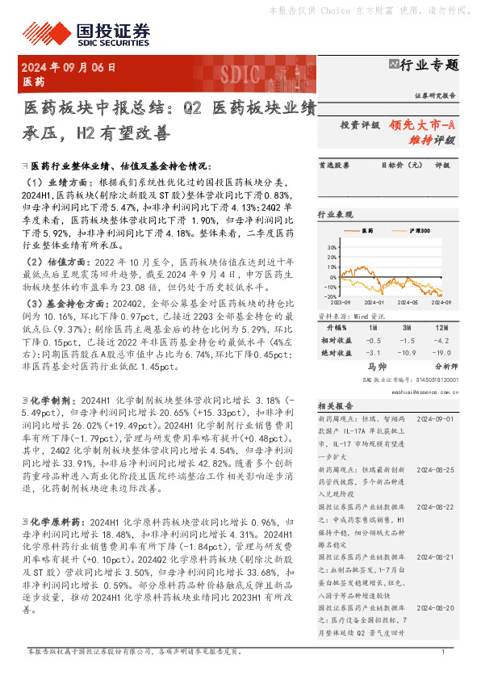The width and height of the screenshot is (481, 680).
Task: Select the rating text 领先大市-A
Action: [x=422, y=125]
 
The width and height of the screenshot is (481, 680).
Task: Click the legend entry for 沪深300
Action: [x=416, y=231]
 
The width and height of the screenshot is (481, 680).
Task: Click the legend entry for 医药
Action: [x=366, y=231]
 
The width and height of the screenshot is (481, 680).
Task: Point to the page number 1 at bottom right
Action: [x=443, y=652]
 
